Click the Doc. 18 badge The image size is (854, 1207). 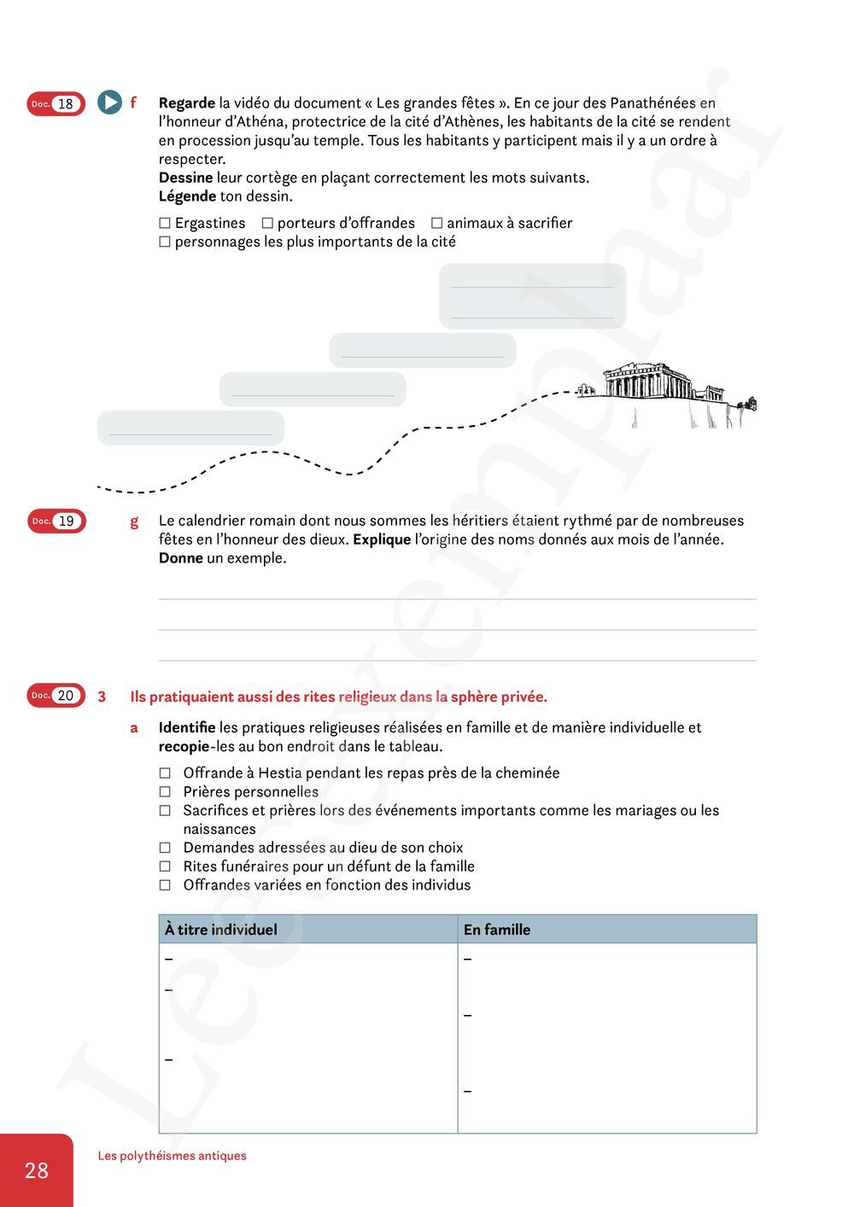(56, 104)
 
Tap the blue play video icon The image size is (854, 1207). (109, 103)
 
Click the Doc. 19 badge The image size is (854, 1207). (56, 521)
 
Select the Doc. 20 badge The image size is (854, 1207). (56, 696)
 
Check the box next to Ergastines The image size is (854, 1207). (165, 223)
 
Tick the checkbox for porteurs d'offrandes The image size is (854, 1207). (267, 223)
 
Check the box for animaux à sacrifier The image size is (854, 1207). (436, 223)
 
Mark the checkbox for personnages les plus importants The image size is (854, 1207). (165, 242)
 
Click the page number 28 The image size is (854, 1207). (37, 1170)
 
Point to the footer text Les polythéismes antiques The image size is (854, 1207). (172, 1156)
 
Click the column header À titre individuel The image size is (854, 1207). (221, 930)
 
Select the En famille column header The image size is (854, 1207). (497, 930)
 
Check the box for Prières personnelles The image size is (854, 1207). (165, 792)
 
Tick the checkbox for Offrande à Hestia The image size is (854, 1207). (165, 773)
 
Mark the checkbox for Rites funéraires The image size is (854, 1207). (165, 866)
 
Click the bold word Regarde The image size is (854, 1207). (187, 103)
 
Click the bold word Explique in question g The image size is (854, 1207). (382, 539)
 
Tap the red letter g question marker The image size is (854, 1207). (134, 521)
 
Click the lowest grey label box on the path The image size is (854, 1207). (190, 428)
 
